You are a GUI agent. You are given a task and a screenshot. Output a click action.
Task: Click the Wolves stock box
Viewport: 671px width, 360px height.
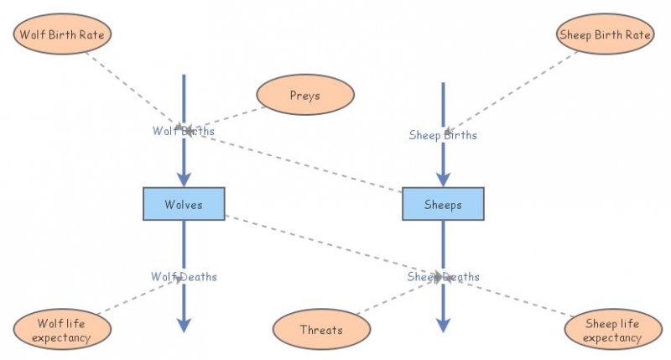click(x=184, y=205)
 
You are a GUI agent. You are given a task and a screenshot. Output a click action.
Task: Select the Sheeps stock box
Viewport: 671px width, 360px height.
click(x=443, y=205)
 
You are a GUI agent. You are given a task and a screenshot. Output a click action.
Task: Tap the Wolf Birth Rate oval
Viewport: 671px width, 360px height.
click(x=63, y=34)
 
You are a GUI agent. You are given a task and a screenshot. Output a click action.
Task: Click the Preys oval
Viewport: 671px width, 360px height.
click(x=304, y=96)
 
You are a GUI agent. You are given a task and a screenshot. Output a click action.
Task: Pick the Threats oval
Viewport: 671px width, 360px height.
click(x=321, y=330)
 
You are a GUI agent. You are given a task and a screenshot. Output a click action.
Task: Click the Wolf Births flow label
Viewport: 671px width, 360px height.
click(x=183, y=131)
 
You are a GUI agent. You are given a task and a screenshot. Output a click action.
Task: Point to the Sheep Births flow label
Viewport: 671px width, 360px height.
click(x=443, y=134)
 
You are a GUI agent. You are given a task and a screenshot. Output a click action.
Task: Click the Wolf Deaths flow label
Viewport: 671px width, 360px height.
click(x=184, y=276)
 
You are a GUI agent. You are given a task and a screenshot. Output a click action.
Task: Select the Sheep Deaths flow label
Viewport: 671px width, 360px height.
click(x=444, y=276)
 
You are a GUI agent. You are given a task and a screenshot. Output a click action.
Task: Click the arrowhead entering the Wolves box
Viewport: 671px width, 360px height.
click(x=184, y=179)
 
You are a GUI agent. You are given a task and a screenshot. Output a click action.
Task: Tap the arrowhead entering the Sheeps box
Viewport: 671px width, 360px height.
click(x=443, y=179)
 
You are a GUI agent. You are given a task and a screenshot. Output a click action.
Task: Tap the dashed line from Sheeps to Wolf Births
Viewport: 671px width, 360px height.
click(x=302, y=160)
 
